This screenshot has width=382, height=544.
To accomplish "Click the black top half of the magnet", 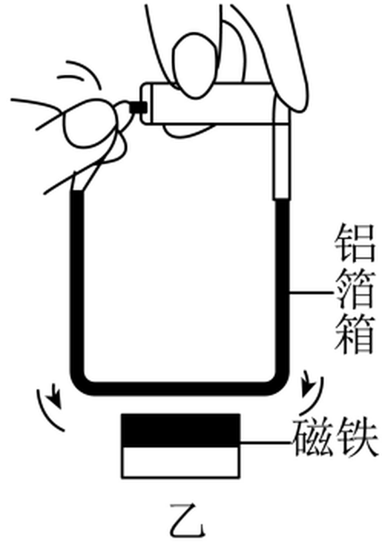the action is pyautogui.click(x=180, y=430).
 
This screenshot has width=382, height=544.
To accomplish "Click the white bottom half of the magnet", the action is pyautogui.click(x=180, y=463).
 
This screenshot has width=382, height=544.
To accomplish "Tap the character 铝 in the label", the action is pyautogui.click(x=355, y=243).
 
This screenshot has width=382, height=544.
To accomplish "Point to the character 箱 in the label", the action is pyautogui.click(x=355, y=334).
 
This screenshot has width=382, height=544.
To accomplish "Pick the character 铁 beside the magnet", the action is pyautogui.click(x=357, y=437).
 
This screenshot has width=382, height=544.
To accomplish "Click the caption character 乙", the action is pyautogui.click(x=187, y=519).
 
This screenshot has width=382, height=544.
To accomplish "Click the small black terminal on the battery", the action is pyautogui.click(x=138, y=107).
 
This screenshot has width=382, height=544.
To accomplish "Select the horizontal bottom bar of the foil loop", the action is pyautogui.click(x=180, y=389).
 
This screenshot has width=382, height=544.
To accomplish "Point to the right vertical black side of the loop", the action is pyautogui.click(x=282, y=288).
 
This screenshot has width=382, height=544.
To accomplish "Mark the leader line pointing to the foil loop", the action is pyautogui.click(x=312, y=293).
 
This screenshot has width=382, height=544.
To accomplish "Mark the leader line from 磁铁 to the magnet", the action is pyautogui.click(x=266, y=443).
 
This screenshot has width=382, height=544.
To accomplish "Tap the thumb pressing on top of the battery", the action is pyautogui.click(x=195, y=65).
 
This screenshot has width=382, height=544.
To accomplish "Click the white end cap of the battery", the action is pyautogui.click(x=147, y=103).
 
